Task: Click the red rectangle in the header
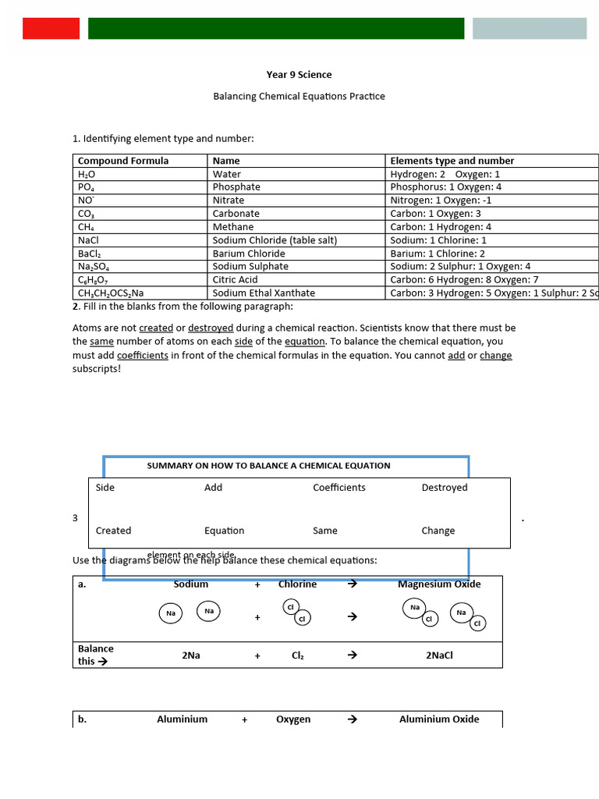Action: (x=51, y=29)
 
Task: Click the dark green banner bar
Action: (x=276, y=29)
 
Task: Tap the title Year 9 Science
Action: (x=299, y=75)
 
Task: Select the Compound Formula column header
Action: (x=123, y=161)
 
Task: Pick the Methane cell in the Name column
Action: (x=233, y=227)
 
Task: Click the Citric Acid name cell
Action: (x=235, y=279)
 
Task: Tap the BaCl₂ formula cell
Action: (x=90, y=254)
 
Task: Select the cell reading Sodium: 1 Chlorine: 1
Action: (x=438, y=240)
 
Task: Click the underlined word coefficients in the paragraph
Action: (x=143, y=355)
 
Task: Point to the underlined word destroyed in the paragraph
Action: (x=211, y=328)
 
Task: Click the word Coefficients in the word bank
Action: (x=339, y=488)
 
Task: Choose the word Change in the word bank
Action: (x=438, y=531)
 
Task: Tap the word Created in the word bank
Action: (x=113, y=531)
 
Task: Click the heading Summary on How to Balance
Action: (x=268, y=466)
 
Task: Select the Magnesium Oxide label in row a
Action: (x=439, y=584)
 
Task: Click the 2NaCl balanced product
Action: (x=439, y=655)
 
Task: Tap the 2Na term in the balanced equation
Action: (x=191, y=655)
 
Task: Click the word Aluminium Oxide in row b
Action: (x=439, y=719)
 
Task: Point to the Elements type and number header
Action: (x=452, y=161)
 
